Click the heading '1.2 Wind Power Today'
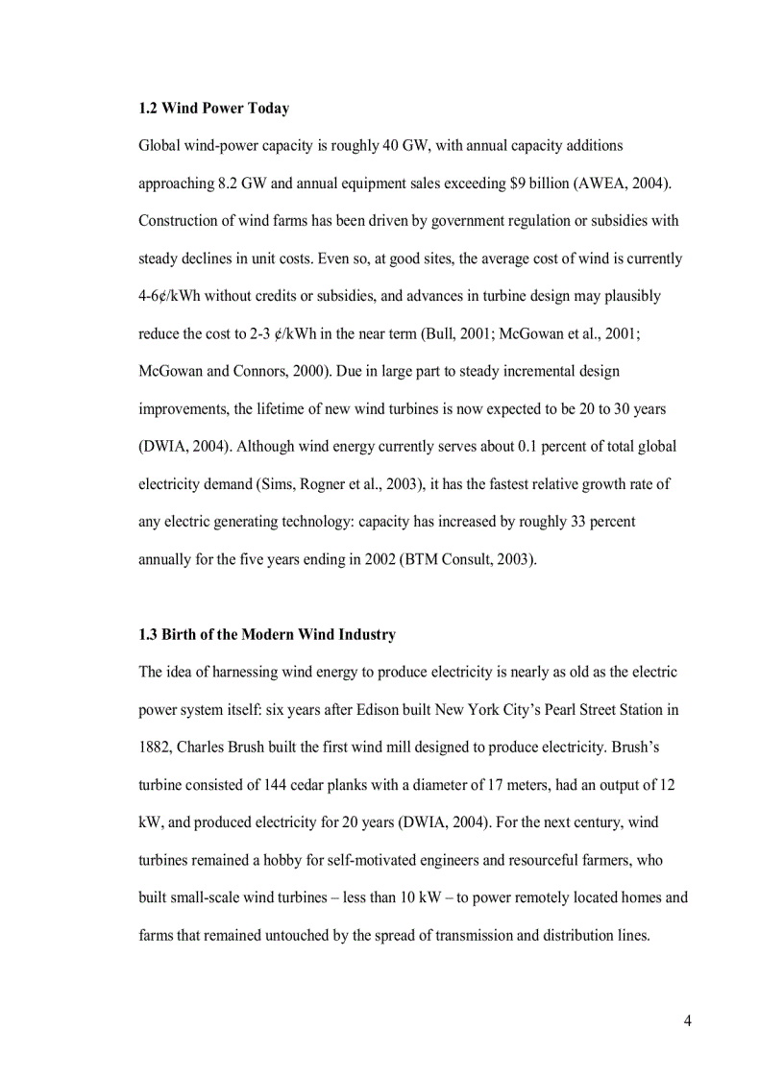pos(213,109)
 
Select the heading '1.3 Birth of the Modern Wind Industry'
pos(267,635)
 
